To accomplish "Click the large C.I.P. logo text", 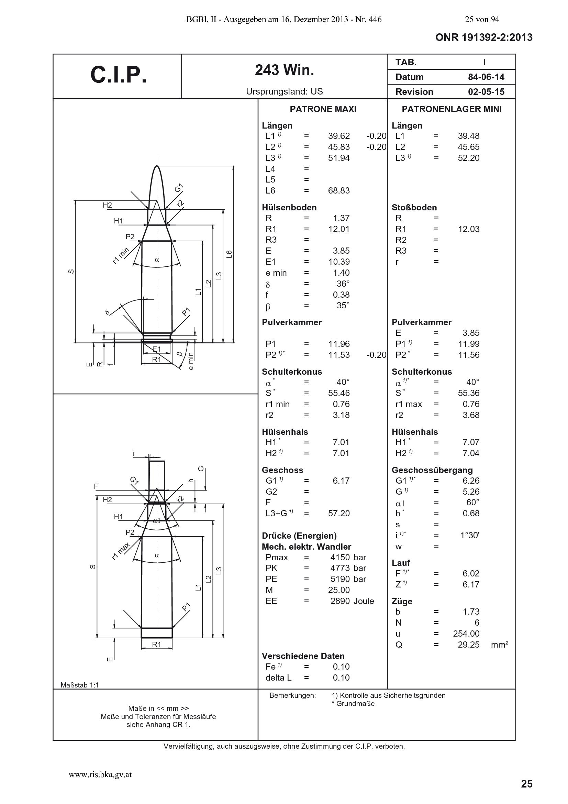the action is [x=118, y=75].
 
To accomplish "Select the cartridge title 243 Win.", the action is [x=285, y=70].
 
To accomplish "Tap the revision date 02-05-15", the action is [x=486, y=92].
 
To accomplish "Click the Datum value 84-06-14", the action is [x=486, y=77].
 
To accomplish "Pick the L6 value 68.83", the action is [x=339, y=190].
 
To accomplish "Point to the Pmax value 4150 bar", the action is [x=348, y=558].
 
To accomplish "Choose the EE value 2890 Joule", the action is [x=352, y=601].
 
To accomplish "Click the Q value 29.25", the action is [x=469, y=645].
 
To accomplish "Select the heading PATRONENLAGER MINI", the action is [x=452, y=109].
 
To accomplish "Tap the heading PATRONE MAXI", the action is [x=323, y=109].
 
